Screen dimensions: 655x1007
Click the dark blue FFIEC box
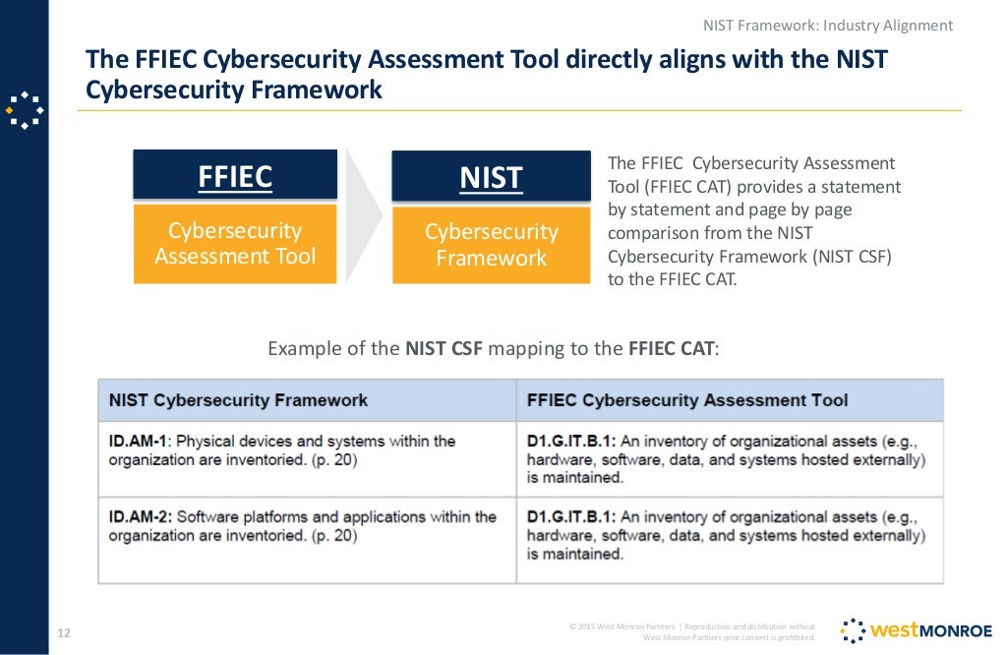[235, 176]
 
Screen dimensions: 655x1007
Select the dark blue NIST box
[491, 177]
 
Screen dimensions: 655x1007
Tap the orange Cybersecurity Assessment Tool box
[235, 244]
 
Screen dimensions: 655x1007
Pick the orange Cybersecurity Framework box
[491, 245]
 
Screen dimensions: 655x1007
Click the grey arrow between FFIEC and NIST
[364, 216]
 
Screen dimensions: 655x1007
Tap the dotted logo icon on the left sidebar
[24, 109]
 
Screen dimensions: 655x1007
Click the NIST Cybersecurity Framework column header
[239, 400]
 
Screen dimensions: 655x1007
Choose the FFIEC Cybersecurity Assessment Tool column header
[687, 400]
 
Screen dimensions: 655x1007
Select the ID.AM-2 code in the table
[138, 517]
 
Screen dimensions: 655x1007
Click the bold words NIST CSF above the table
[444, 348]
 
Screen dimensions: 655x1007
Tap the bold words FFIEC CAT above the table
[672, 348]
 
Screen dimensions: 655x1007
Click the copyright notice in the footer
[692, 631]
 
